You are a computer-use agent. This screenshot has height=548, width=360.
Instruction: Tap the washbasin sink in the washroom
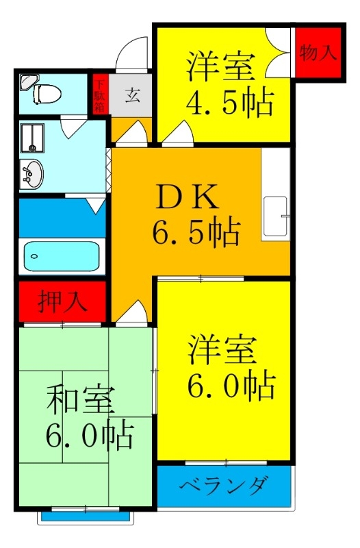31,173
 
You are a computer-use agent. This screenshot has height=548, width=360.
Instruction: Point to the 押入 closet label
62,302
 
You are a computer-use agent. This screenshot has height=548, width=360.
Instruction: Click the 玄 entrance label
132,95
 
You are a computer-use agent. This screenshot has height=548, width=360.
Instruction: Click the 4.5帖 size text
230,103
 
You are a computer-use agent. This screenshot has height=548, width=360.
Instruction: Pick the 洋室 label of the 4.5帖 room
220,68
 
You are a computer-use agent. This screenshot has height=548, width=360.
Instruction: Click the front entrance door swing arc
130,54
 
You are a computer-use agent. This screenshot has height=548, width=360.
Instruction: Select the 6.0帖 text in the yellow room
231,386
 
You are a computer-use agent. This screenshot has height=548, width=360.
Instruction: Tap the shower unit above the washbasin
31,136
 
